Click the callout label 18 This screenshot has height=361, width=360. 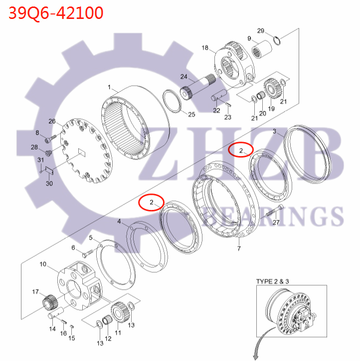pyautogui.click(x=205, y=48)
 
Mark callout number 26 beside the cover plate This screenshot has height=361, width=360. pyautogui.click(x=52, y=121)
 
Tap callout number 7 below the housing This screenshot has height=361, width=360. pyautogui.click(x=238, y=248)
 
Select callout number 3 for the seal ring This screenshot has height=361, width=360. pyautogui.click(x=274, y=131)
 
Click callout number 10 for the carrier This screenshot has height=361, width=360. pyautogui.click(x=43, y=264)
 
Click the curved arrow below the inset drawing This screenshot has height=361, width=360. pyautogui.click(x=257, y=349)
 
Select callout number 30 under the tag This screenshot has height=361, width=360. pyautogui.click(x=49, y=183)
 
